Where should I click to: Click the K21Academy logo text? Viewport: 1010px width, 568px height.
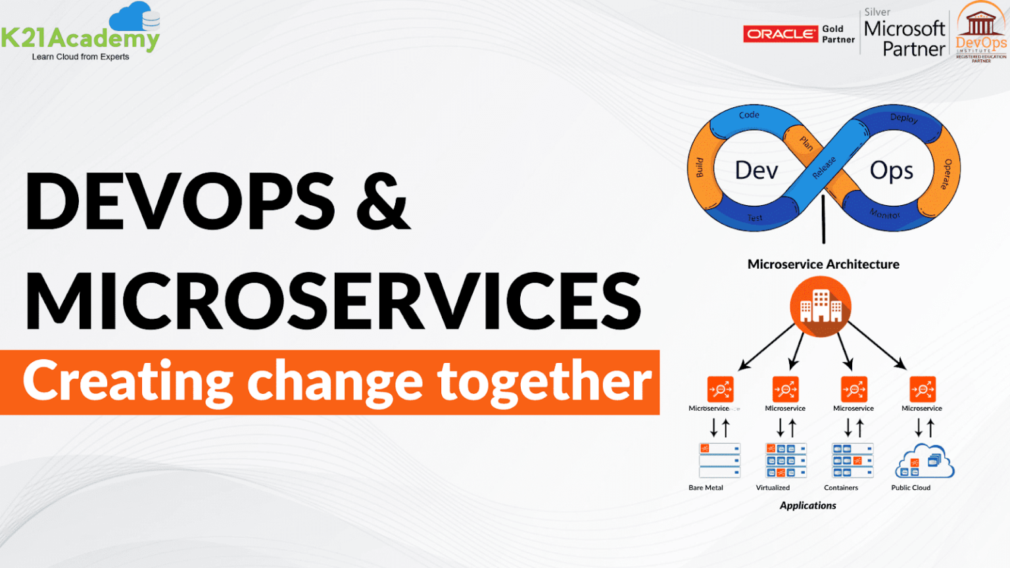click(80, 38)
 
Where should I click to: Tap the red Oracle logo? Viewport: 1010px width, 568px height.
click(781, 34)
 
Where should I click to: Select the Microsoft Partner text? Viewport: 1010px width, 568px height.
click(904, 39)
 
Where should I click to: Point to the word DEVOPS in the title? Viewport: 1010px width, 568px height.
click(180, 201)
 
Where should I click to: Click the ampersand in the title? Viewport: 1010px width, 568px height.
click(383, 201)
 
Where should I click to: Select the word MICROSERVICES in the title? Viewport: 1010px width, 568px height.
click(333, 301)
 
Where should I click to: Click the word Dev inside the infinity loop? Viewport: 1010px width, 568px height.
click(756, 170)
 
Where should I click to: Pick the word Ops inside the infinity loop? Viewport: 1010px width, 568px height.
click(891, 170)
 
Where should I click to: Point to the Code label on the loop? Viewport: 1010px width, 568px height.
click(749, 115)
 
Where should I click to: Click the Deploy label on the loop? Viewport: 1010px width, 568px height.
click(904, 118)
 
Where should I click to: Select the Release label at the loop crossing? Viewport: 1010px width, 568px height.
click(824, 168)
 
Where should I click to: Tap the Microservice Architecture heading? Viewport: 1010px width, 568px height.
click(823, 264)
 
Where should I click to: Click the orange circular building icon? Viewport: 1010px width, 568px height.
click(820, 307)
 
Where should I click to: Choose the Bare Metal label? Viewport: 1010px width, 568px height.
click(706, 488)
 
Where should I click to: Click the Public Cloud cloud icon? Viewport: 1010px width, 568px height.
click(924, 461)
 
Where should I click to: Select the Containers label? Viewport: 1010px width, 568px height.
click(841, 488)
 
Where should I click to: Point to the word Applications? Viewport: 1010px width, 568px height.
click(808, 506)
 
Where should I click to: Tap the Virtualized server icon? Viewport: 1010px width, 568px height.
click(786, 460)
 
